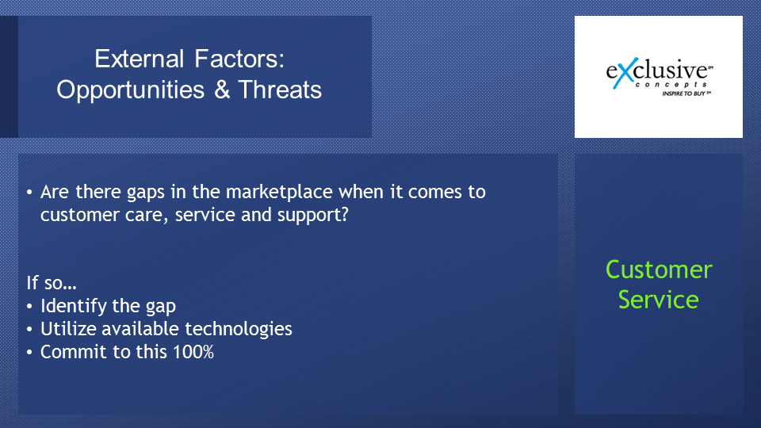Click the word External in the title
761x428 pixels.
tap(140, 59)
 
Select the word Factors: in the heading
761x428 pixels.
tap(239, 59)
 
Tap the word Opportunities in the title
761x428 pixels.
tap(131, 90)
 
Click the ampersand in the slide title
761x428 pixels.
tap(222, 90)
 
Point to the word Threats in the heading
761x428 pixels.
tap(280, 90)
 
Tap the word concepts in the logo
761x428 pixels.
tap(671, 85)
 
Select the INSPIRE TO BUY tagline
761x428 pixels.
tap(686, 94)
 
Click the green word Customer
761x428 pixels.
tap(659, 269)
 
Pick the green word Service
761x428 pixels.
tap(659, 300)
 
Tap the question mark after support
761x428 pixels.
tap(345, 214)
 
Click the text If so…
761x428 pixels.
tap(52, 282)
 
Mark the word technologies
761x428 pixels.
tap(239, 330)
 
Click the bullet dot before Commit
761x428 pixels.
tap(29, 352)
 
